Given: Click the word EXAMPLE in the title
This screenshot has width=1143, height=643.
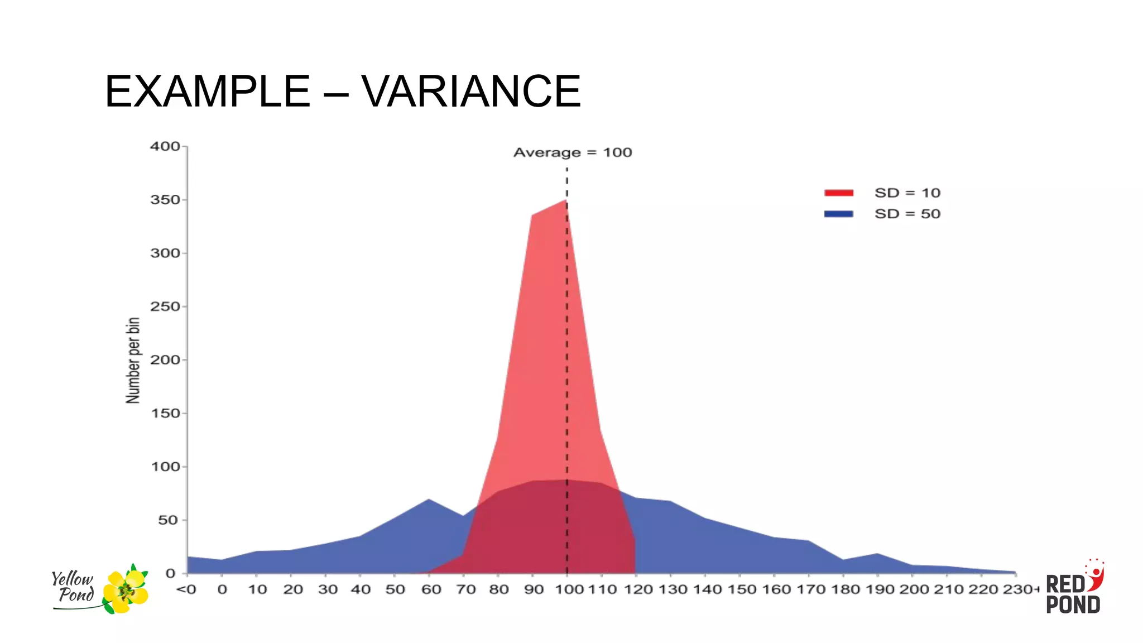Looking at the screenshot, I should click(208, 91).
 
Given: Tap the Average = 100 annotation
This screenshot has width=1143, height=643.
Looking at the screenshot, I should click(573, 152).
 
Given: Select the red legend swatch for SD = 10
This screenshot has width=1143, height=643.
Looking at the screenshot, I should click(838, 193).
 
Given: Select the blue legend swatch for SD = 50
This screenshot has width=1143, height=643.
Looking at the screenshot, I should click(838, 214).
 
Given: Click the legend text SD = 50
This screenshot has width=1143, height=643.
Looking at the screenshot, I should click(907, 214).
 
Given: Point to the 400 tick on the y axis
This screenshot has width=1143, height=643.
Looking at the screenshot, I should click(165, 146).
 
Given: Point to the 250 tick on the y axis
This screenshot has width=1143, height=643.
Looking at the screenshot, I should click(165, 306).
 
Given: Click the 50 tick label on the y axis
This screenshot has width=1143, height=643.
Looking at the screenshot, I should click(168, 520).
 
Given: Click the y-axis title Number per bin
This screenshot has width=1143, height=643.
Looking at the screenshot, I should click(133, 361).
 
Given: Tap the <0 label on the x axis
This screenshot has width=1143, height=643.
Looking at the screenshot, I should click(186, 589).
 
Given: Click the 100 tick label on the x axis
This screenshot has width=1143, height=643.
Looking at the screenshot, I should click(569, 589).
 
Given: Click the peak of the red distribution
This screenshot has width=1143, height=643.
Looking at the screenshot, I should click(566, 200).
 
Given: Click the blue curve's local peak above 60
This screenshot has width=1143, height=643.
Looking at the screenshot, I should click(429, 500).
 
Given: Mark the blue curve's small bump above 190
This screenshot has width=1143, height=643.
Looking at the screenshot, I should click(877, 554).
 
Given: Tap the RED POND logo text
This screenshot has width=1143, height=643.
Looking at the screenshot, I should click(1072, 594).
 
